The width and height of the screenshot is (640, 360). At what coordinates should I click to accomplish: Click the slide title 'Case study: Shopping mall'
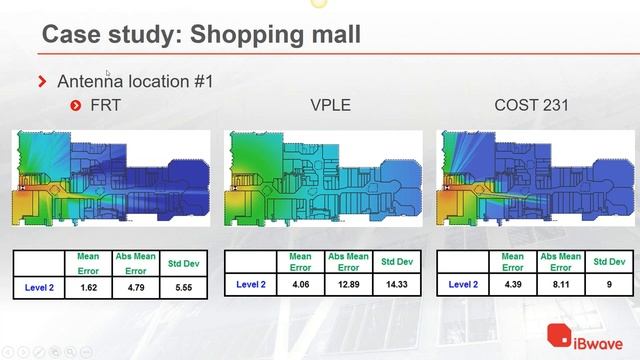tap(200, 36)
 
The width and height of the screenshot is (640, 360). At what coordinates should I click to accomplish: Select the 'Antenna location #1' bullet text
tap(135, 81)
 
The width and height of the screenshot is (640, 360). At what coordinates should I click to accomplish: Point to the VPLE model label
tap(330, 104)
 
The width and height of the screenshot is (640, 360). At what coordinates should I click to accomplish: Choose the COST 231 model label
tap(532, 104)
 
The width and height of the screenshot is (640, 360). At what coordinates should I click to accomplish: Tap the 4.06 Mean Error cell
tap(300, 285)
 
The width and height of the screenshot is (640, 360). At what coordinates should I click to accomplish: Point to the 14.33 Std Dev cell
tap(395, 285)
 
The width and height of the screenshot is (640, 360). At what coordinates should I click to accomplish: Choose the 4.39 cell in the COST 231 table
tap(512, 285)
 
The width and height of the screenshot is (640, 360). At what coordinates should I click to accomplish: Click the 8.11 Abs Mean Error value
tap(561, 285)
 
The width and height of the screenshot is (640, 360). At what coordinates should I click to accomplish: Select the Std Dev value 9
tap(608, 285)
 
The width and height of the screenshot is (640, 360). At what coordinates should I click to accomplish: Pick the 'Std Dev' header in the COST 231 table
tap(608, 262)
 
